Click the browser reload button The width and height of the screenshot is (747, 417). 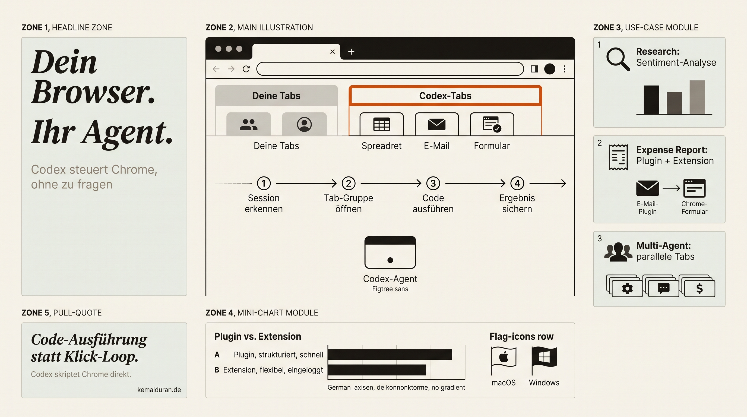point(246,69)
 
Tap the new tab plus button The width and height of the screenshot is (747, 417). point(351,52)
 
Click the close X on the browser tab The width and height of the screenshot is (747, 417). point(333,52)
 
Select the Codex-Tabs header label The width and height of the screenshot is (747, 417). point(445,96)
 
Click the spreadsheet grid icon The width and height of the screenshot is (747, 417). point(382,124)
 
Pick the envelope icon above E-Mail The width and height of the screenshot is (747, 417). point(437,124)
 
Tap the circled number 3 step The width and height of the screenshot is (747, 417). point(433,183)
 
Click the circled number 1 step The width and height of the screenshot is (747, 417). point(264,183)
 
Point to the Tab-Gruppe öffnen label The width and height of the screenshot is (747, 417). point(349,203)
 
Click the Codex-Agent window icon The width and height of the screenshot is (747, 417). point(390,252)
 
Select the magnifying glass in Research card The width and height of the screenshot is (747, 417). point(618,59)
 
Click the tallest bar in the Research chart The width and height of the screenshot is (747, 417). point(697,97)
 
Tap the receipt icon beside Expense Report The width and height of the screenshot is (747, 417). point(618,157)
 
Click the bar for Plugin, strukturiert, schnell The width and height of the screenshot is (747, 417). point(390,355)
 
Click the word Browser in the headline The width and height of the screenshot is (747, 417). point(93,92)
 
